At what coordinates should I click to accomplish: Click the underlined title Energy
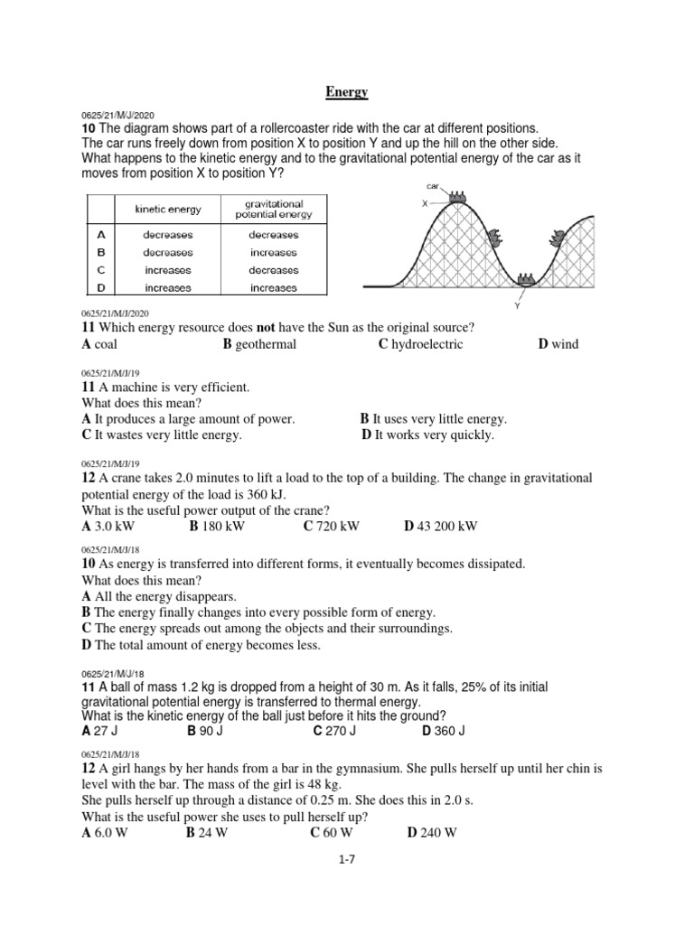coord(347,92)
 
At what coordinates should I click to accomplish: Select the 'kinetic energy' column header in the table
coord(168,209)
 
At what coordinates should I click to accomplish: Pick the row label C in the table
coord(101,270)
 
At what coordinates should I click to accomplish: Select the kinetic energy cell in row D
coord(168,288)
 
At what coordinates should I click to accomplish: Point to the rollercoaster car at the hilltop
coord(457,197)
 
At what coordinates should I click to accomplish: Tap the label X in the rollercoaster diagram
coord(425,204)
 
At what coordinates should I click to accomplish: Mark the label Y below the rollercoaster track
coord(518,306)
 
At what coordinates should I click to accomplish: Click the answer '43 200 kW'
coord(447,526)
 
